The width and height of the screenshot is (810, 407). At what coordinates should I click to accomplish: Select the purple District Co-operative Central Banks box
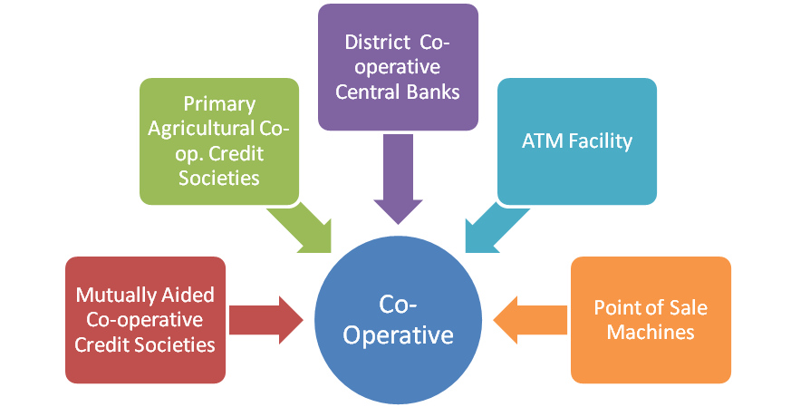pos(399,67)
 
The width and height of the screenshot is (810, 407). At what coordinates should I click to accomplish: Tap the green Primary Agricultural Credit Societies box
pos(218,141)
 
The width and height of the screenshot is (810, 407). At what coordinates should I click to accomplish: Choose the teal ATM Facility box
pos(576,141)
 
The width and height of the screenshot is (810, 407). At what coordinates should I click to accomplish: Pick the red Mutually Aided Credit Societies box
pos(145,319)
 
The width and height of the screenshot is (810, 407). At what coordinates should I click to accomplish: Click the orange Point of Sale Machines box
pos(651,319)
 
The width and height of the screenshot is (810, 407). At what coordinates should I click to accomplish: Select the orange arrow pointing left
pos(529,319)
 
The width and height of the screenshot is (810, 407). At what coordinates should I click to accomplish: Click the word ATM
pos(540,141)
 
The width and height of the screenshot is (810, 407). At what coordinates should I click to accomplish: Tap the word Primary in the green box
pos(218,104)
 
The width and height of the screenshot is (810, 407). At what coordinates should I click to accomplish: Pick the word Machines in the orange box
pos(651,332)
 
